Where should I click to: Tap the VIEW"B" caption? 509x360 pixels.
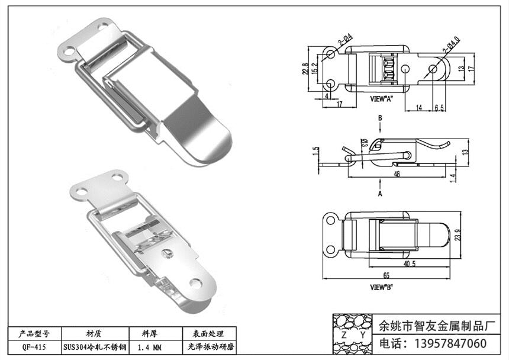point(382,287)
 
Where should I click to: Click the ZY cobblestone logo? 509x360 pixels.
point(353,334)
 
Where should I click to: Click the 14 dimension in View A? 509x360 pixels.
point(418,108)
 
